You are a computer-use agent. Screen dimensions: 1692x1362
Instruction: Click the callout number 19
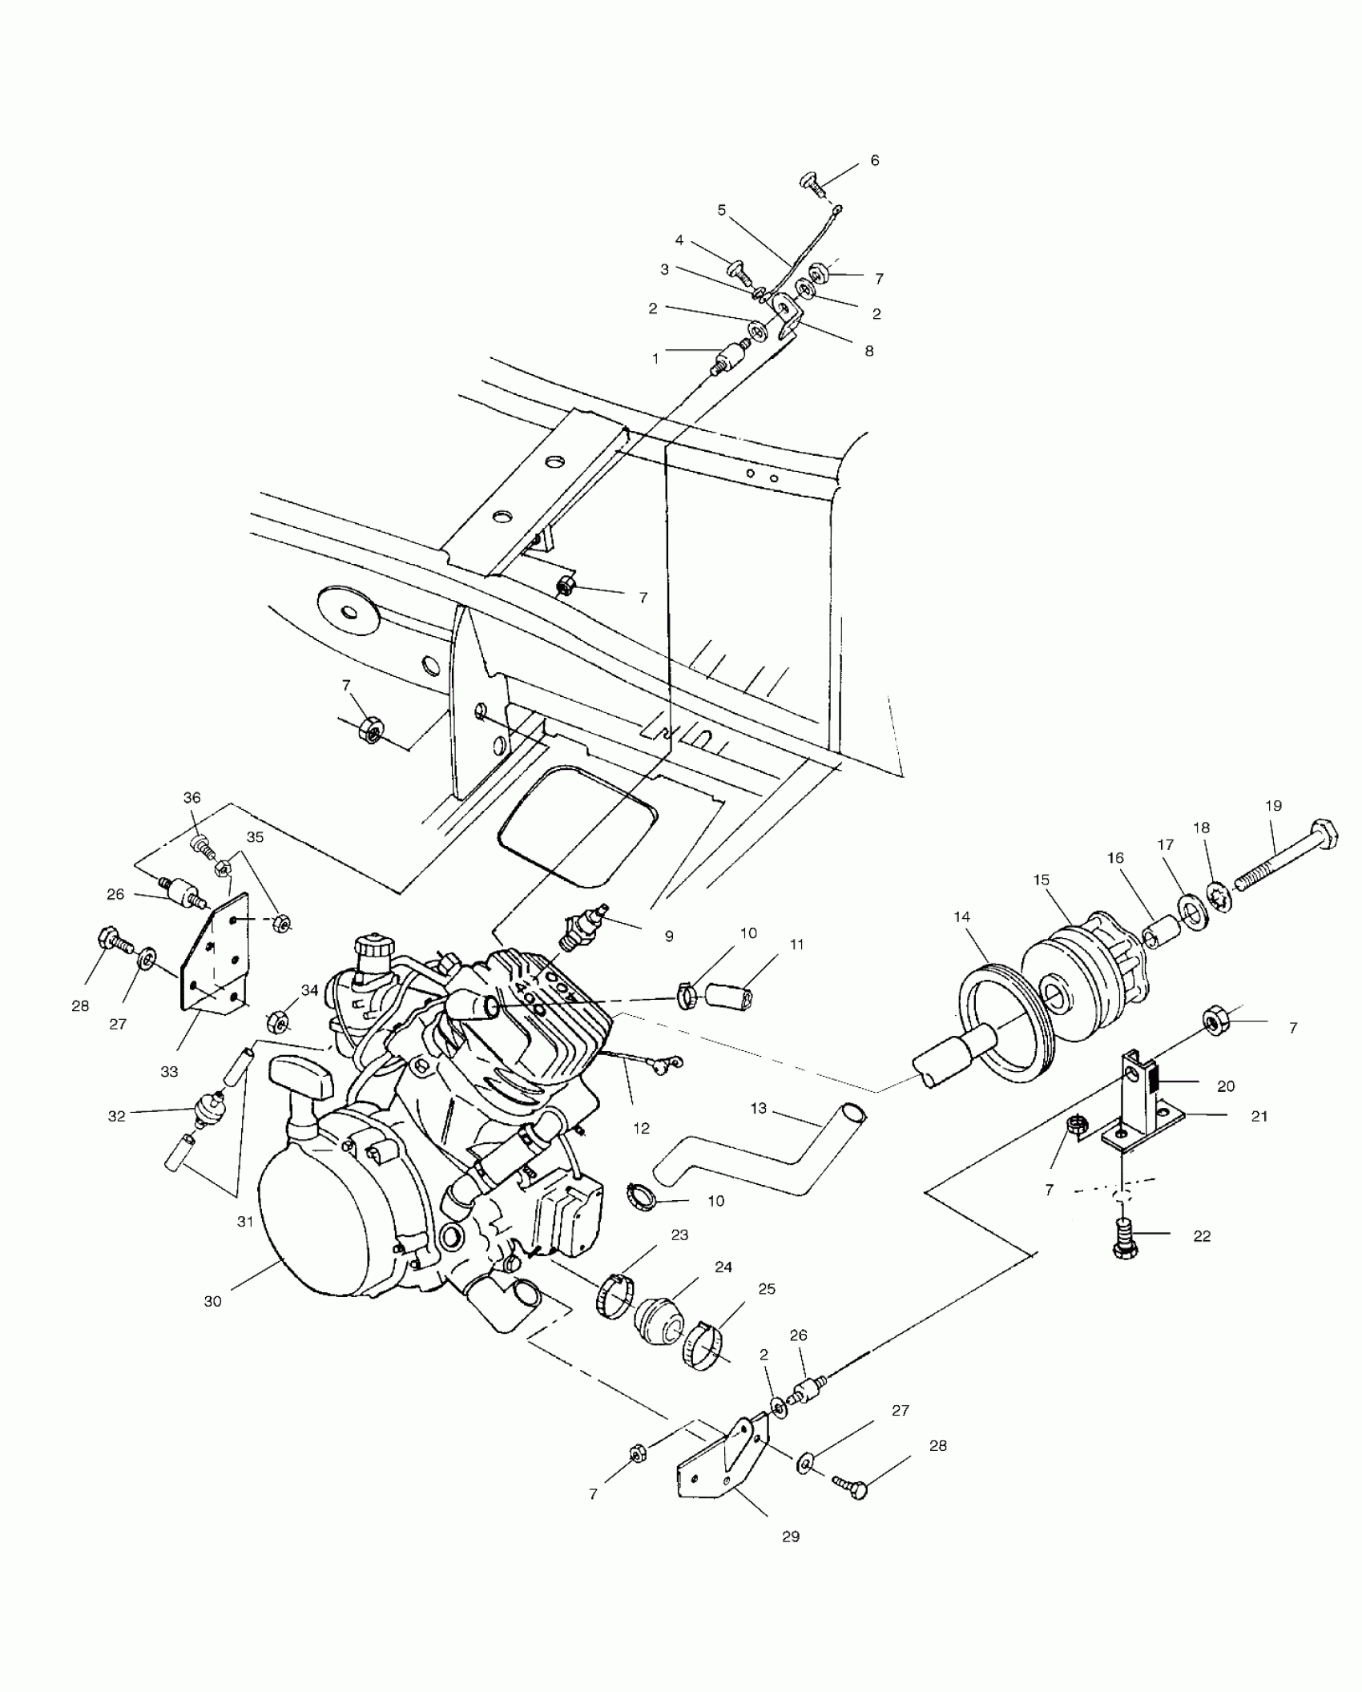pyautogui.click(x=1274, y=806)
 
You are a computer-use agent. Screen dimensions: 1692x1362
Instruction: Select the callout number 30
pyautogui.click(x=212, y=1302)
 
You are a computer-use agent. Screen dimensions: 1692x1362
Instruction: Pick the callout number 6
pyautogui.click(x=875, y=161)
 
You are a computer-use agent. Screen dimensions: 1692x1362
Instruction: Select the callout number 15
pyautogui.click(x=1042, y=880)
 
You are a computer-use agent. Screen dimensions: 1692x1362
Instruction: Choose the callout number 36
pyautogui.click(x=192, y=798)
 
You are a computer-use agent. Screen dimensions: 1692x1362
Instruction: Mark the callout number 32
pyautogui.click(x=117, y=1116)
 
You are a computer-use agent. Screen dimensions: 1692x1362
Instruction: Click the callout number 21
pyautogui.click(x=1259, y=1116)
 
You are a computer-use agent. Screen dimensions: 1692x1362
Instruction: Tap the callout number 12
pyautogui.click(x=641, y=1129)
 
